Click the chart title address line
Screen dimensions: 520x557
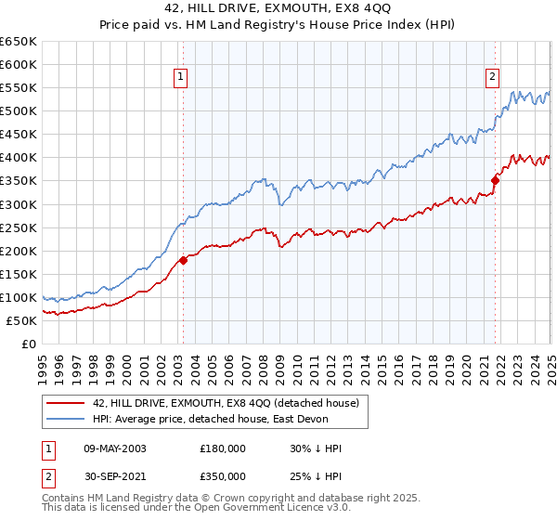[278, 8]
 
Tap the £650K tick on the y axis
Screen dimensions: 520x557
[19, 42]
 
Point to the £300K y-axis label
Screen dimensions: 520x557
[19, 204]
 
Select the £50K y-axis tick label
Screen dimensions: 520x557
[21, 320]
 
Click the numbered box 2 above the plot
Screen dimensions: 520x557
[492, 78]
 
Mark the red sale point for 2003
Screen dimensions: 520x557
[183, 260]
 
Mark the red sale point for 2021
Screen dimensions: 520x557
[495, 181]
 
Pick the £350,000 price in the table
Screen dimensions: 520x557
[222, 476]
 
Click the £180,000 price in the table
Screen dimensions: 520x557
[222, 448]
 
